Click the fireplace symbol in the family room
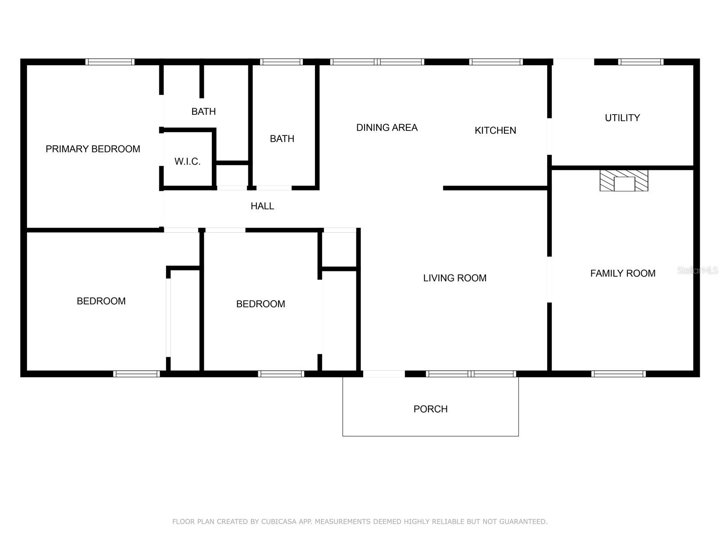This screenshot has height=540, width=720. point(624,180)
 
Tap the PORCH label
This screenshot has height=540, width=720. point(430,409)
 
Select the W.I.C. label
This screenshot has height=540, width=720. point(187,162)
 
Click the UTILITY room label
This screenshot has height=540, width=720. point(622,118)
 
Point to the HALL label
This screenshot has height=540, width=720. point(262,206)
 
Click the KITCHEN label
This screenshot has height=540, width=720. point(495,130)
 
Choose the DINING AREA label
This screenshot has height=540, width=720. point(387,128)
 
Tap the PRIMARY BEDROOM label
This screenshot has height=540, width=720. point(93,149)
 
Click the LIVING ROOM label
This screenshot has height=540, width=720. point(454,278)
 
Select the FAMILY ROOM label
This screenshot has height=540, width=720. point(622,273)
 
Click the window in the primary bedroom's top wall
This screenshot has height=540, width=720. point(110,62)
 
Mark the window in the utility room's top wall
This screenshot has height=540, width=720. point(640,62)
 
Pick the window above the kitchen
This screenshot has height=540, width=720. point(495,62)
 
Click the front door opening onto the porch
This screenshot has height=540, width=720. point(384,373)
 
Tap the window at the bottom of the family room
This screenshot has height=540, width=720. point(618,373)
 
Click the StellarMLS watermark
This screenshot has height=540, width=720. point(697,270)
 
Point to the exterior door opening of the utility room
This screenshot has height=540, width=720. point(573,62)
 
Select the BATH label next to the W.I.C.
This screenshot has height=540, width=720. point(203,112)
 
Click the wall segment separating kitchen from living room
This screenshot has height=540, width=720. point(495,188)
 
